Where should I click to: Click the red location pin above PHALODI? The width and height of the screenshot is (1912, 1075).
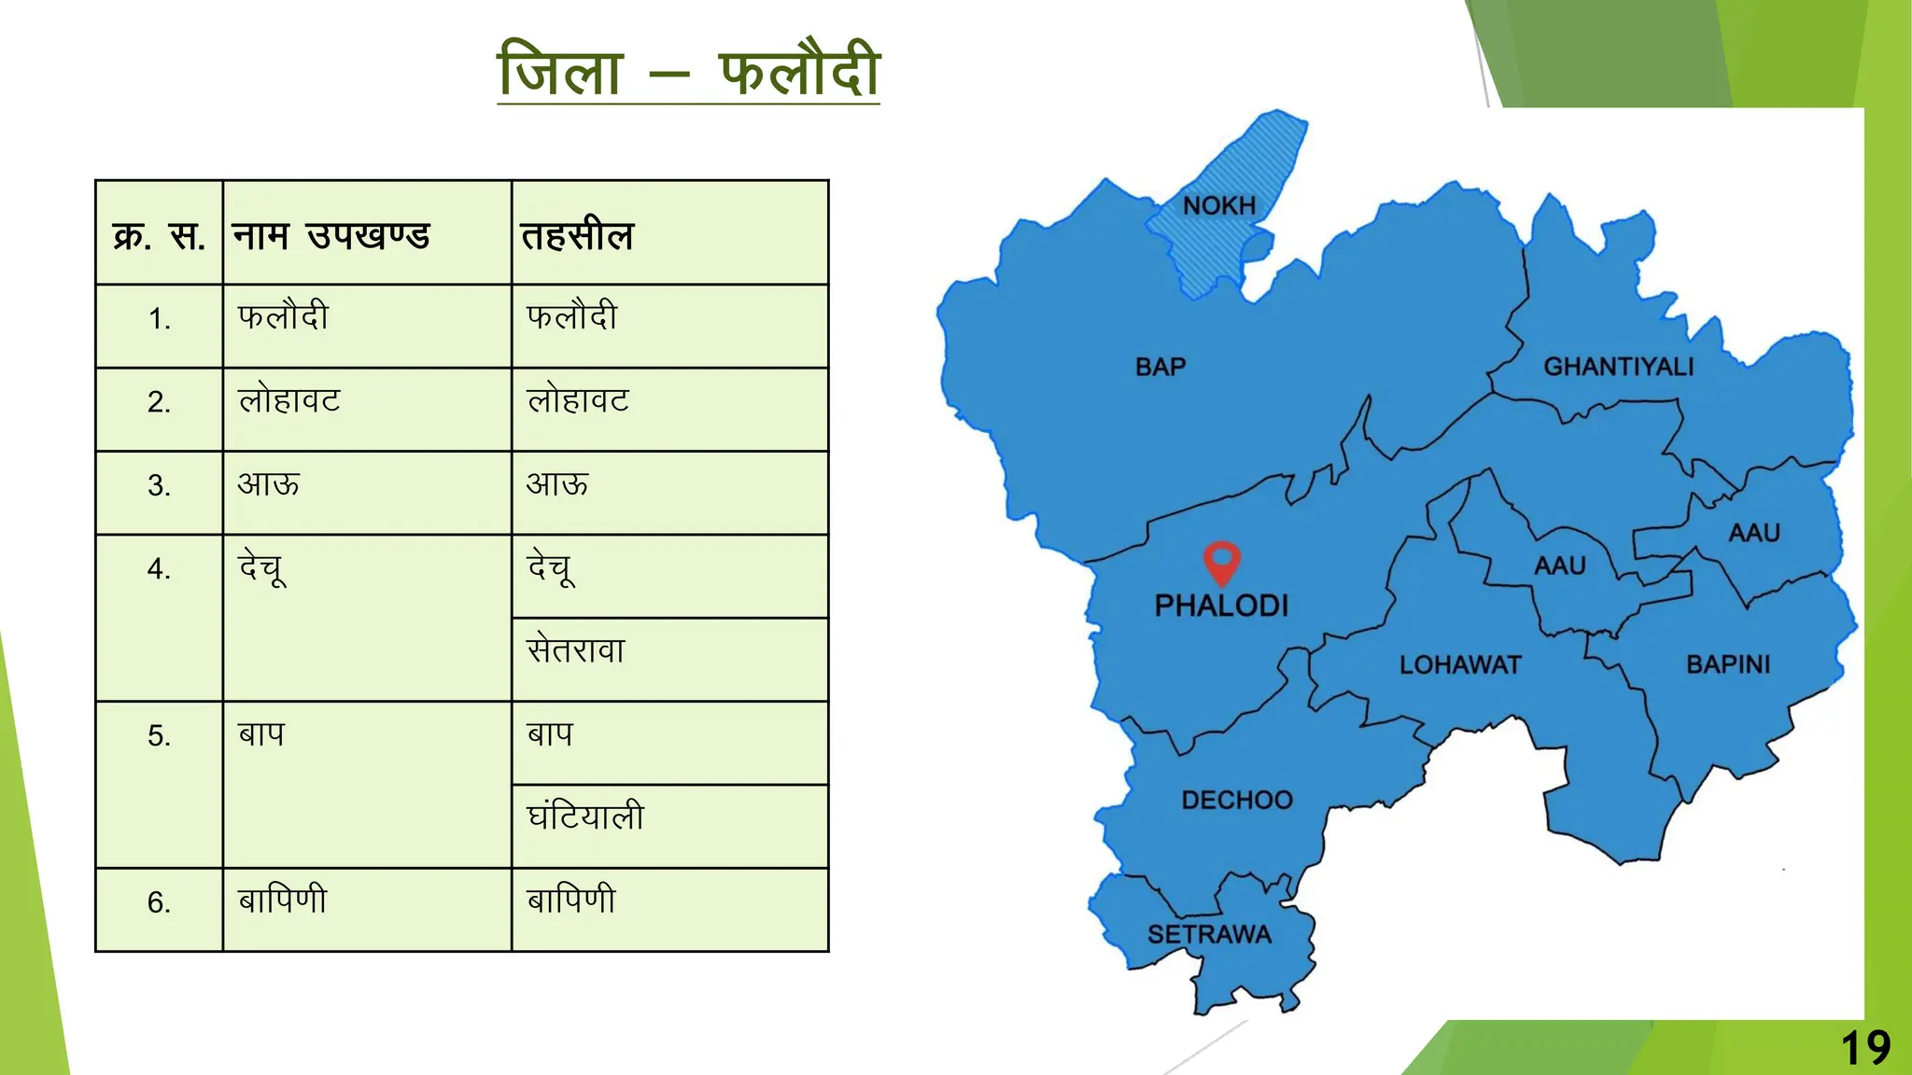point(1221,561)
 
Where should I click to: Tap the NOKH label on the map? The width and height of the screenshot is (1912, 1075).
point(1219,205)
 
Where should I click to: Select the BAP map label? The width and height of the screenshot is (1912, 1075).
point(1160,367)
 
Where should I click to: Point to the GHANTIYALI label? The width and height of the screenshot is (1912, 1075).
point(1618,367)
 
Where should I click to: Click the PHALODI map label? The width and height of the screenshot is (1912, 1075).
point(1221,606)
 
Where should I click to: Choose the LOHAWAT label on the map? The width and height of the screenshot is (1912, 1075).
point(1460,664)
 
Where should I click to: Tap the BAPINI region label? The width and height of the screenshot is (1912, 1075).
point(1728,664)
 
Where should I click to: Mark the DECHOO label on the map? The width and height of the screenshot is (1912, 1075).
point(1237,800)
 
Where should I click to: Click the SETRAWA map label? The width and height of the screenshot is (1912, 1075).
point(1209,934)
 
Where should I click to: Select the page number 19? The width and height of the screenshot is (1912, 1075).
point(1865,1048)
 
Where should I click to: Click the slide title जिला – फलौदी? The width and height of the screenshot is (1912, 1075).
point(688,71)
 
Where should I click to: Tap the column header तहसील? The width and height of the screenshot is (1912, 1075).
point(577,235)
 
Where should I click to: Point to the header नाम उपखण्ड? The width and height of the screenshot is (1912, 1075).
point(330,235)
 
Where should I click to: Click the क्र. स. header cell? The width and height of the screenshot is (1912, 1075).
point(159,235)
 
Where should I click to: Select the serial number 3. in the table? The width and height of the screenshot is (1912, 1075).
point(159,485)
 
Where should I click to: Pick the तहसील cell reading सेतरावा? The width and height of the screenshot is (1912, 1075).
point(576,649)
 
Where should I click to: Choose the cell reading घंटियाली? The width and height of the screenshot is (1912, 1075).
point(585,817)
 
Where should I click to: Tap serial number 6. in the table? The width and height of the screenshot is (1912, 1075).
point(159,902)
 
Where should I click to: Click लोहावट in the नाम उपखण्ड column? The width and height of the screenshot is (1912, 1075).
point(289,401)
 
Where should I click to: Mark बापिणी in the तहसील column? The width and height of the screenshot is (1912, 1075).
point(571,900)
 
